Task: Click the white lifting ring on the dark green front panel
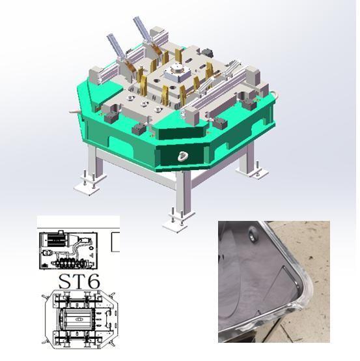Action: tap(183, 156)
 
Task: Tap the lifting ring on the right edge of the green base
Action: tap(275, 94)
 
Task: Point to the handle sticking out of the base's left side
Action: tap(74, 112)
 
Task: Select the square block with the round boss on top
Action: tap(177, 72)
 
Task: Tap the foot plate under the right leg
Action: tap(253, 171)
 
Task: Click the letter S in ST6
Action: tap(66, 281)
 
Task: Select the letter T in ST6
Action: tap(79, 281)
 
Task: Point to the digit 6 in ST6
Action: tap(94, 281)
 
